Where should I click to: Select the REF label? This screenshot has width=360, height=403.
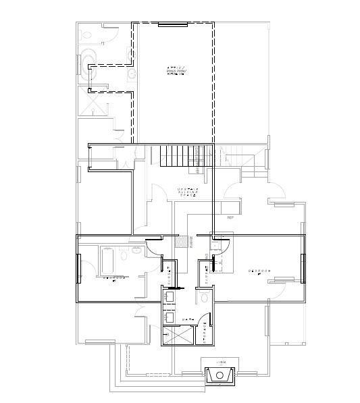pyautogui.click(x=230, y=218)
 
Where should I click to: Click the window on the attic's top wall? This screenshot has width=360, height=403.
pyautogui.click(x=172, y=24)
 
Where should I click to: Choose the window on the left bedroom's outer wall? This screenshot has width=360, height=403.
pyautogui.click(x=79, y=268)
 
